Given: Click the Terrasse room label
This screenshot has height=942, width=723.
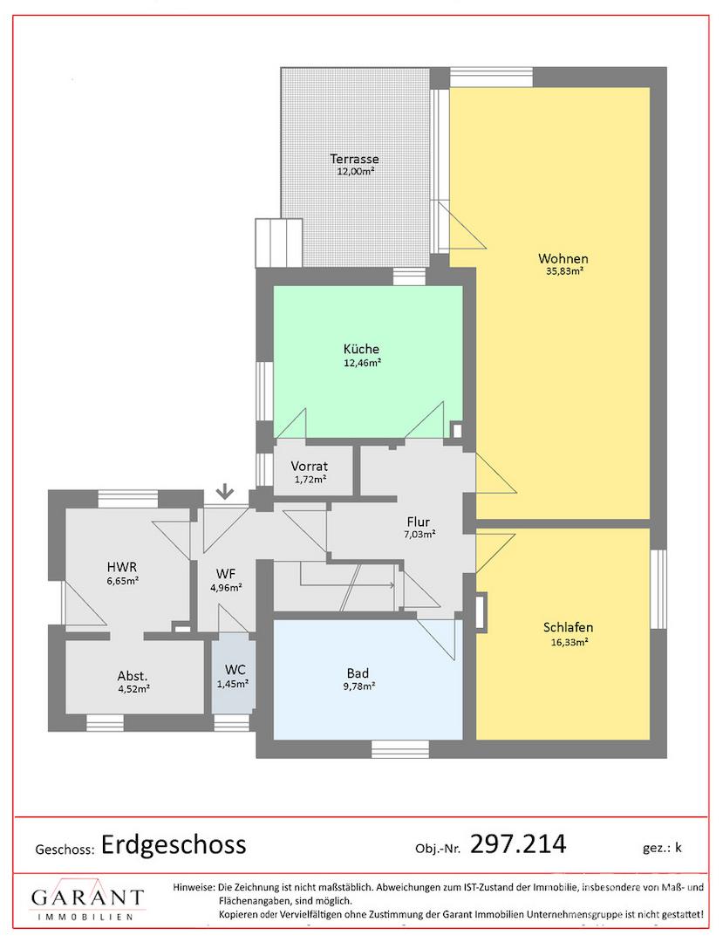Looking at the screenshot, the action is [354, 160].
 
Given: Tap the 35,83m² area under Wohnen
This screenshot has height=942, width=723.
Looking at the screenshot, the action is [563, 271].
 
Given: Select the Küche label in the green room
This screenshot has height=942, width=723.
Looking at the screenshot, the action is [361, 349].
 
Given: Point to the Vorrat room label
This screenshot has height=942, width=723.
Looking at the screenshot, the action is [310, 466].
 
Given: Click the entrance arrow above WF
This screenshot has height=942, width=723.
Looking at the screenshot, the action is [225, 491].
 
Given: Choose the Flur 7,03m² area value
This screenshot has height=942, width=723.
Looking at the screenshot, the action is [419, 534].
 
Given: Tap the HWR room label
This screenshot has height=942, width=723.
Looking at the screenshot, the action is [122, 567].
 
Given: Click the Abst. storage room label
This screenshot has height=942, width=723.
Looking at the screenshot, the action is [132, 677].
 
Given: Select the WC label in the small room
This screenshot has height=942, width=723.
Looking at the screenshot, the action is [235, 670].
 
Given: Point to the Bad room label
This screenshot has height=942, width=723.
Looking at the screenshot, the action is [358, 673].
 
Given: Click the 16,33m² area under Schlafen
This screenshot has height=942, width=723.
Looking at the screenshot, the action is [568, 641].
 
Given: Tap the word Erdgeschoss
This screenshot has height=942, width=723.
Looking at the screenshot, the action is [174, 844].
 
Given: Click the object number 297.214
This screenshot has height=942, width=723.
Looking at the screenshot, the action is [518, 844].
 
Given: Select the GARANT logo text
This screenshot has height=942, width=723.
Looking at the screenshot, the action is [88, 898].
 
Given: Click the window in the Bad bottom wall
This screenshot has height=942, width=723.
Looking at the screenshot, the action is [400, 748].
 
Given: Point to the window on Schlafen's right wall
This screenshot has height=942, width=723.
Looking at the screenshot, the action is [658, 589].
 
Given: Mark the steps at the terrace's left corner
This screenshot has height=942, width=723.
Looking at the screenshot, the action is [278, 242].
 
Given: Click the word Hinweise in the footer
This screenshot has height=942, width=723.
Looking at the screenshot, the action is [194, 887].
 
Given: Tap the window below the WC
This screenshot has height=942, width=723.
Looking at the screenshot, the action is [232, 723].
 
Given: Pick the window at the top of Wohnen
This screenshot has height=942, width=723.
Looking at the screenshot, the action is [492, 78].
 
